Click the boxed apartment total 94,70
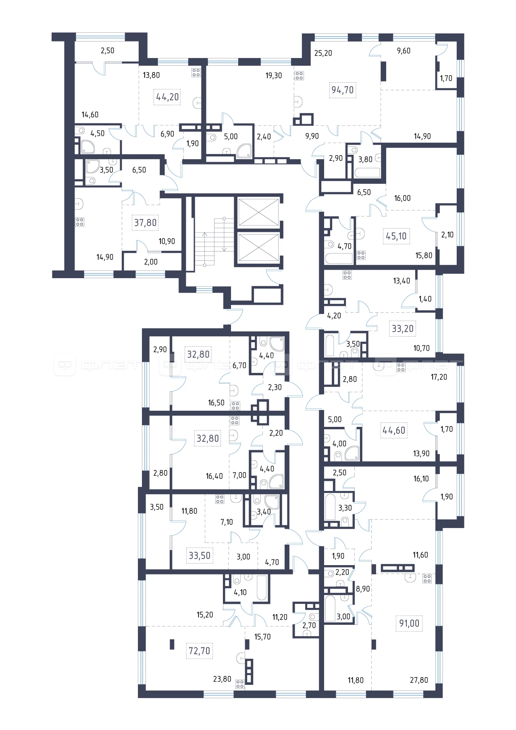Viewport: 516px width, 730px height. pyautogui.click(x=343, y=90)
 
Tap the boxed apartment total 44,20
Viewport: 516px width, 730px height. pyautogui.click(x=167, y=97)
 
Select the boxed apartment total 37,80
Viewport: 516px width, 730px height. pyautogui.click(x=146, y=223)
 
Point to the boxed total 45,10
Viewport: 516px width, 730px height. pyautogui.click(x=396, y=236)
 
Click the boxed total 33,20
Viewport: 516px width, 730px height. pyautogui.click(x=403, y=329)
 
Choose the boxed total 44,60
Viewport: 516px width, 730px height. pyautogui.click(x=394, y=431)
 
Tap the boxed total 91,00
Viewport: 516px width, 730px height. pyautogui.click(x=409, y=623)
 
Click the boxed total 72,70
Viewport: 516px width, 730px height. pyautogui.click(x=200, y=651)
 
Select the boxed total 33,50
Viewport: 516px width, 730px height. pyautogui.click(x=200, y=555)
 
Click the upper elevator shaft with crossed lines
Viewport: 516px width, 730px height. pyautogui.click(x=258, y=212)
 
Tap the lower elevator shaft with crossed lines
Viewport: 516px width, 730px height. pyautogui.click(x=258, y=247)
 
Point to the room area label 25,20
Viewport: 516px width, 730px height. pyautogui.click(x=323, y=53)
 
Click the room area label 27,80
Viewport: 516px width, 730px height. pyautogui.click(x=419, y=680)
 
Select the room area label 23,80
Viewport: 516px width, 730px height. pyautogui.click(x=222, y=679)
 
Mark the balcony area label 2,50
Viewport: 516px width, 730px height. pyautogui.click(x=108, y=50)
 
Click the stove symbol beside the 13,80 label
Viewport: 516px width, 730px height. pyautogui.click(x=196, y=73)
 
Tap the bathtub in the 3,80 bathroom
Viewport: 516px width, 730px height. pyautogui.click(x=367, y=173)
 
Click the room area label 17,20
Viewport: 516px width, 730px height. pyautogui.click(x=439, y=377)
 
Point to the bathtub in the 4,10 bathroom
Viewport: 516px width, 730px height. pyautogui.click(x=262, y=588)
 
